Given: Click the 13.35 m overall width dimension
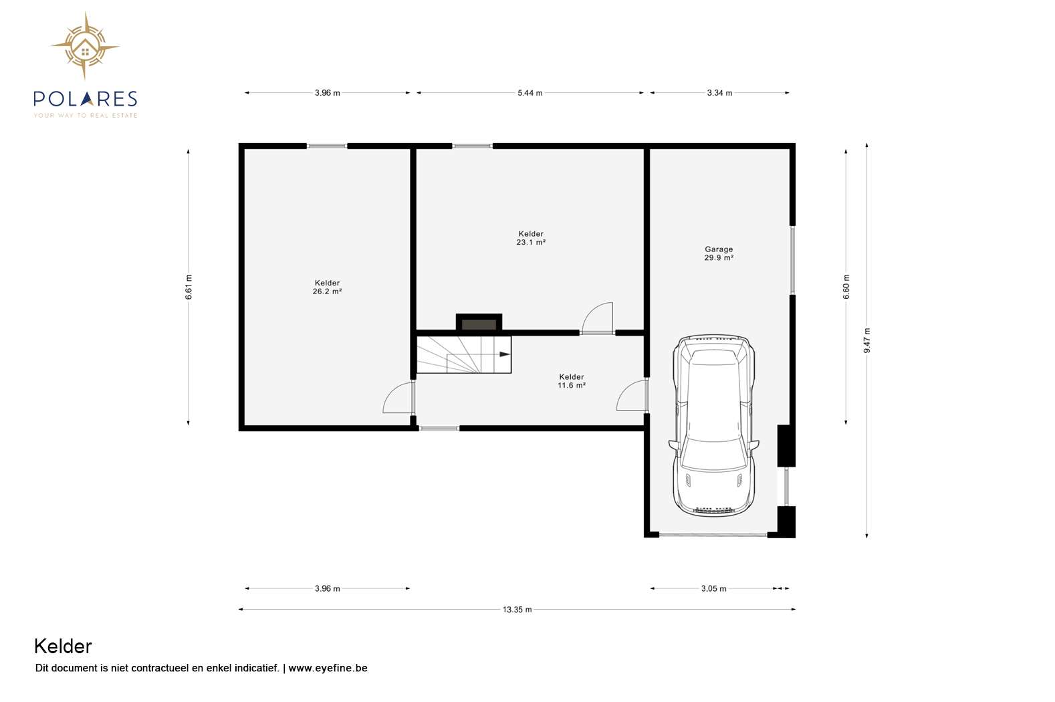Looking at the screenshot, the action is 517,609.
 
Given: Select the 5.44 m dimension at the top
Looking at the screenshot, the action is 530,93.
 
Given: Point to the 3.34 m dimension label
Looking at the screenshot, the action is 719,93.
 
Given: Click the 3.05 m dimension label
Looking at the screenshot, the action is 713,588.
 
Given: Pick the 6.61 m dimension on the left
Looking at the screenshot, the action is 189,286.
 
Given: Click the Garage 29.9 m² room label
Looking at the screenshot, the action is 719,253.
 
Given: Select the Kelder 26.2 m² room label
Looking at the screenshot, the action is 328,287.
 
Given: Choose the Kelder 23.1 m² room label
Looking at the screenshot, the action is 531,238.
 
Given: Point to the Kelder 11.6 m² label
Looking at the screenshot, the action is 572,381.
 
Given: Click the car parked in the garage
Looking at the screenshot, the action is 713,425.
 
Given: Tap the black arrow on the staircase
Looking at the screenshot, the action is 505,354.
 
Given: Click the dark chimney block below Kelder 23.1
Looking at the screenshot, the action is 479,323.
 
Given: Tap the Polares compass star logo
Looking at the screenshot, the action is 85,46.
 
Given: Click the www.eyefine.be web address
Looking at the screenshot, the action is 328,668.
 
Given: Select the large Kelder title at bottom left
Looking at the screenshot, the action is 63,647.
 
